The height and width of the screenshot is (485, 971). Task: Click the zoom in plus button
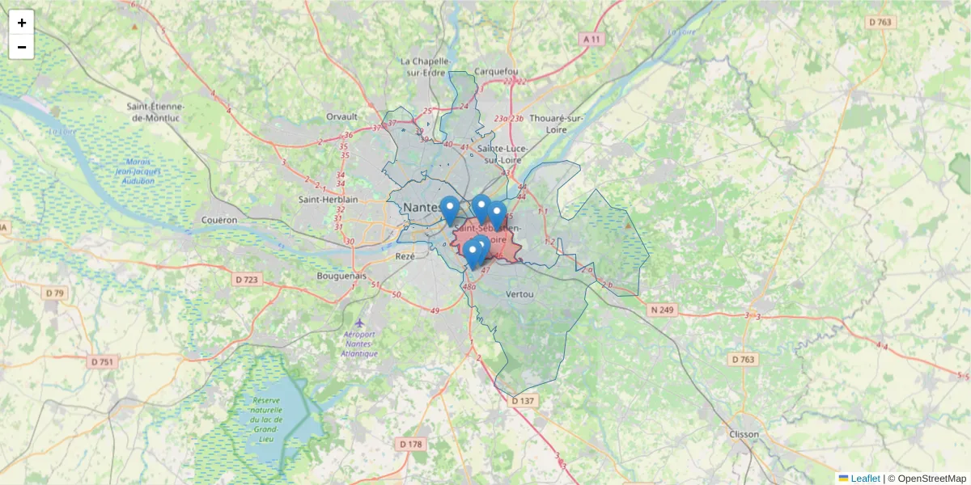pos(22,23)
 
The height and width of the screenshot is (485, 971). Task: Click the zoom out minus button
pos(22,47)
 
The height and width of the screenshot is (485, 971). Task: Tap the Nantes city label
pos(420,208)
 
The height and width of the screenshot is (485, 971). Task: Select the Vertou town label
pos(519,294)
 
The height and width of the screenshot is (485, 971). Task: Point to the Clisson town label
pos(744,434)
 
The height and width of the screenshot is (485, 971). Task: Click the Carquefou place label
pos(496,71)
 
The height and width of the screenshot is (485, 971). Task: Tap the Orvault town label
pos(341,116)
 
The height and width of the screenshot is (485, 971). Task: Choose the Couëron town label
pos(219,220)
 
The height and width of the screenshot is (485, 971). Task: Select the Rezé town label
pos(405,255)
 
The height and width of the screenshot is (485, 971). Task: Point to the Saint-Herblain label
pos(324,200)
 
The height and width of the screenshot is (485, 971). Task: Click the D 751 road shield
pos(101,361)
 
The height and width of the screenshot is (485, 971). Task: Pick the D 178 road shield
pos(411,444)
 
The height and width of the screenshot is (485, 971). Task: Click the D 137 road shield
pos(524,401)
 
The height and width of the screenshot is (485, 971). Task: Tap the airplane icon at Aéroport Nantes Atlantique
pos(359,323)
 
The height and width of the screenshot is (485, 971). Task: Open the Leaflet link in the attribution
pos(864,479)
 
